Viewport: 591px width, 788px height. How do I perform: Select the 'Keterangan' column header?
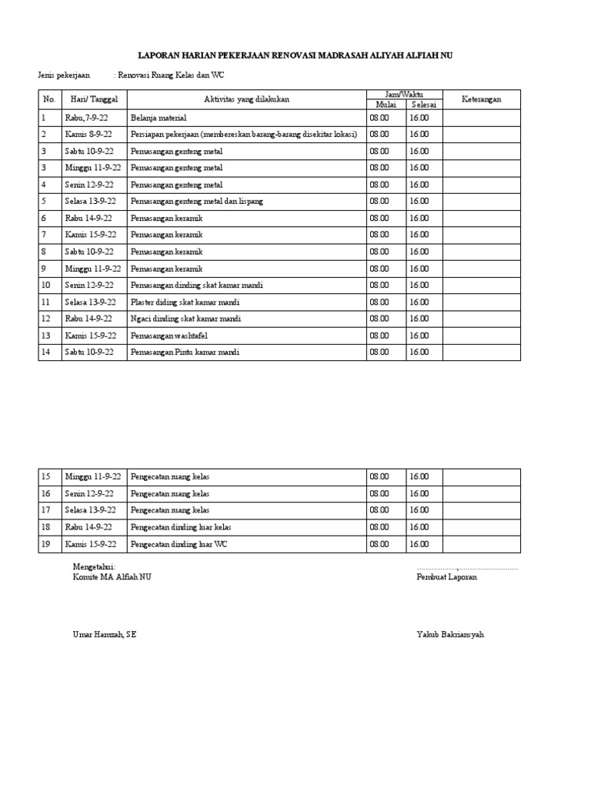tap(481, 99)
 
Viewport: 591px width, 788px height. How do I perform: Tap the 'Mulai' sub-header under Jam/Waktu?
tap(385, 105)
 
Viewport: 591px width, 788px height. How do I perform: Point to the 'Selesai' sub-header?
tap(423, 105)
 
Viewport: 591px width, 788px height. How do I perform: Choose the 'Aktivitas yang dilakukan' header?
tap(245, 99)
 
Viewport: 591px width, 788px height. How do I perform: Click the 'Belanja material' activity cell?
tap(159, 118)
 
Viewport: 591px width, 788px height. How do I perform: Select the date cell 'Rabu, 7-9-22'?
tap(89, 118)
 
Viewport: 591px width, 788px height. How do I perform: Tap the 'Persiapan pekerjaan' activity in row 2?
tap(243, 135)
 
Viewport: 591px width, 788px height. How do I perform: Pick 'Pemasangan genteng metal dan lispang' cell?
tap(197, 202)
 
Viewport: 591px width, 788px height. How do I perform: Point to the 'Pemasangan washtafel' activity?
tap(170, 336)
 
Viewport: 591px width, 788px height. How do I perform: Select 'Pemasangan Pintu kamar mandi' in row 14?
tap(185, 352)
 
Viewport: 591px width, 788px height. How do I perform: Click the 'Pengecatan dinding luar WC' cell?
tap(181, 544)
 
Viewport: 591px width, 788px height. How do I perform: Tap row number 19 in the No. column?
tap(46, 544)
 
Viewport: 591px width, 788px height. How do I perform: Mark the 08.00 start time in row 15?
tap(379, 477)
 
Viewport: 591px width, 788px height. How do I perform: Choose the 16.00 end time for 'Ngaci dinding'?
tap(419, 319)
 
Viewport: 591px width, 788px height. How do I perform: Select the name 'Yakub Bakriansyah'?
tap(450, 635)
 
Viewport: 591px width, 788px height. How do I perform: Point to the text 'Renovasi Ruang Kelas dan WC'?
tap(172, 75)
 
